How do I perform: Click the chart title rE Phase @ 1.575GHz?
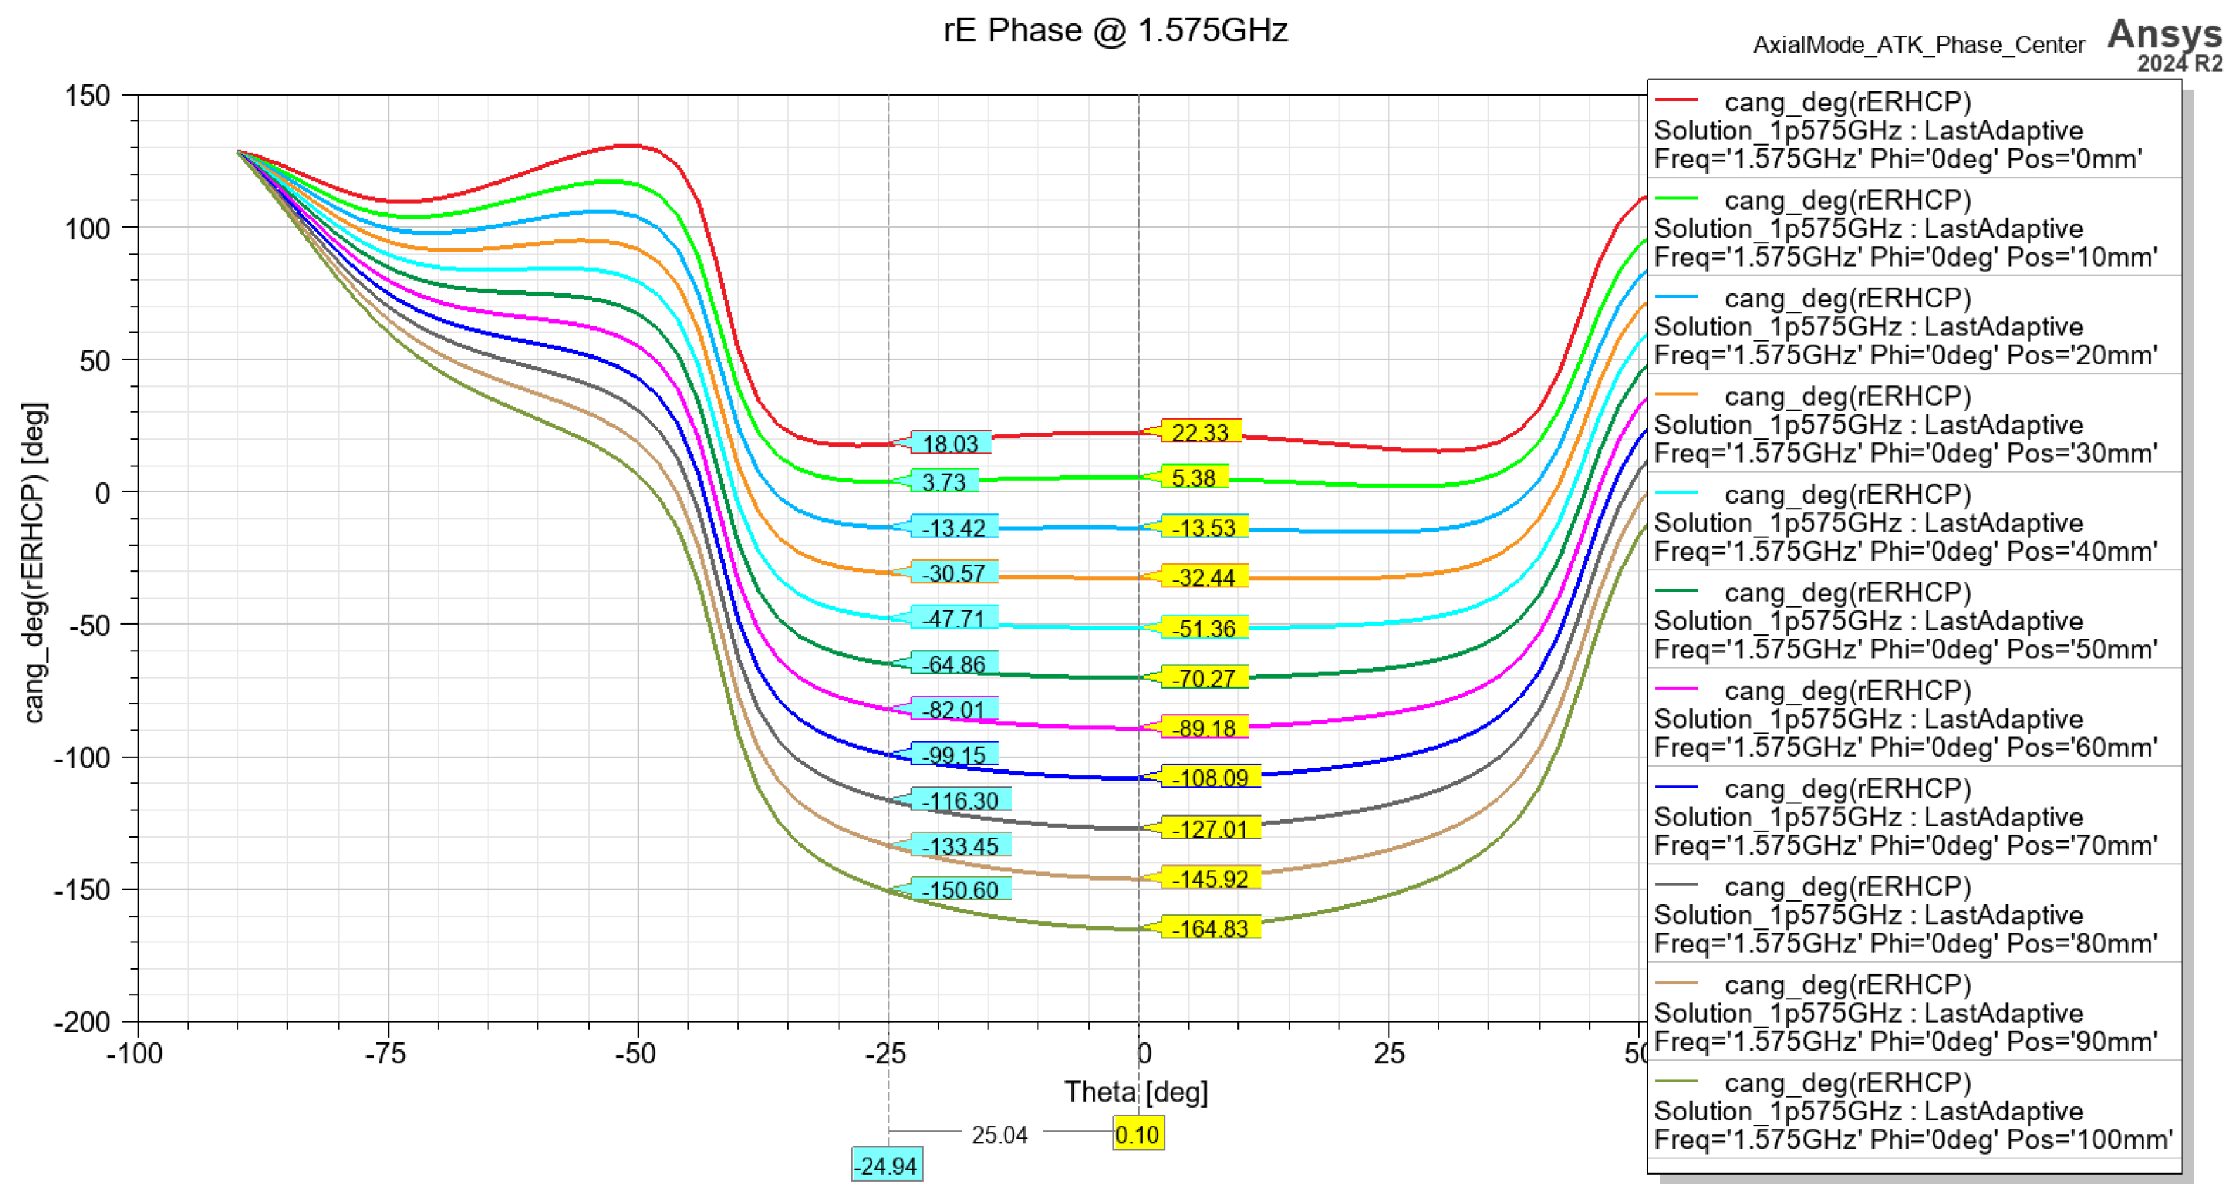coord(1115,31)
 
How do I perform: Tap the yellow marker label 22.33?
coord(1200,432)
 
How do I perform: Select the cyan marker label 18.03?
coord(950,443)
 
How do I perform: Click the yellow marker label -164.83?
coord(1211,928)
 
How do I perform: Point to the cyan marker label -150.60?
coord(960,890)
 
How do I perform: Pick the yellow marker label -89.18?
coord(1204,727)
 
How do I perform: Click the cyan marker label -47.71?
coord(954,619)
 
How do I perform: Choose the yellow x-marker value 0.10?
coord(1138,1134)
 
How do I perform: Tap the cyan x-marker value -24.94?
coord(886,1165)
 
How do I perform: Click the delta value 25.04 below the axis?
coord(999,1135)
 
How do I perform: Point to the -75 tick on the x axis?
coord(386,1054)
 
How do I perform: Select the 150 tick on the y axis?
coord(88,96)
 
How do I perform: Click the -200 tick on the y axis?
coord(82,1022)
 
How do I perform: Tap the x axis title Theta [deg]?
coord(1135,1092)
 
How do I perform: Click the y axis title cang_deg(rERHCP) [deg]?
coord(34,563)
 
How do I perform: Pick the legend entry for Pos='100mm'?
coord(1913,1111)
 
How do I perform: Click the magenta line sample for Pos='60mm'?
coord(1676,689)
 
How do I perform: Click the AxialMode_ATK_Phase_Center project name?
coord(1918,45)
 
